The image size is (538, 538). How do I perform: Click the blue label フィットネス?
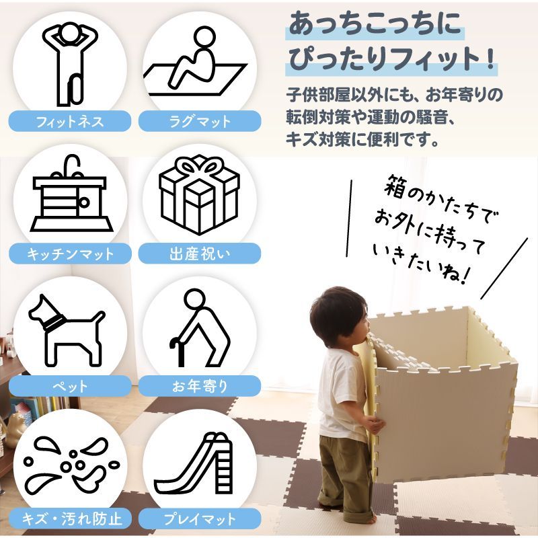pos(69,122)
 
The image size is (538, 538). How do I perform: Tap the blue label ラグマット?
pos(199,122)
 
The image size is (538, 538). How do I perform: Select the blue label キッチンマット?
pos(69,254)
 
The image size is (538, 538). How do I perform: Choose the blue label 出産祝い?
pos(199,254)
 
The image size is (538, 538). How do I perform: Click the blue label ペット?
pos(69,387)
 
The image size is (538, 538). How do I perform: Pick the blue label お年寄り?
pos(199,387)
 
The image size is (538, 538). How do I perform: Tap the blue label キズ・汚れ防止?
pos(69,519)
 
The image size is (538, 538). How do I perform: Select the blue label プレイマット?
pos(199,519)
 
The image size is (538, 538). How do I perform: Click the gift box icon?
pos(199,195)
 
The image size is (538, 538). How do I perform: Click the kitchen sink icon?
pos(68,195)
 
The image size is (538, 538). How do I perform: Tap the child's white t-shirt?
pos(340,397)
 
